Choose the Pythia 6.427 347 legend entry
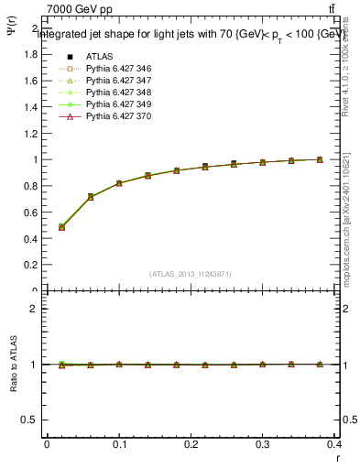click(118, 82)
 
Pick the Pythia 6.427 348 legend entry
click(118, 93)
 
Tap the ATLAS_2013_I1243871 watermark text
click(191, 274)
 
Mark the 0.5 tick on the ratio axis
click(31, 420)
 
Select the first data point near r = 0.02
click(61, 227)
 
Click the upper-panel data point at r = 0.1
click(119, 183)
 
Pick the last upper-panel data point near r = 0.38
click(320, 159)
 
